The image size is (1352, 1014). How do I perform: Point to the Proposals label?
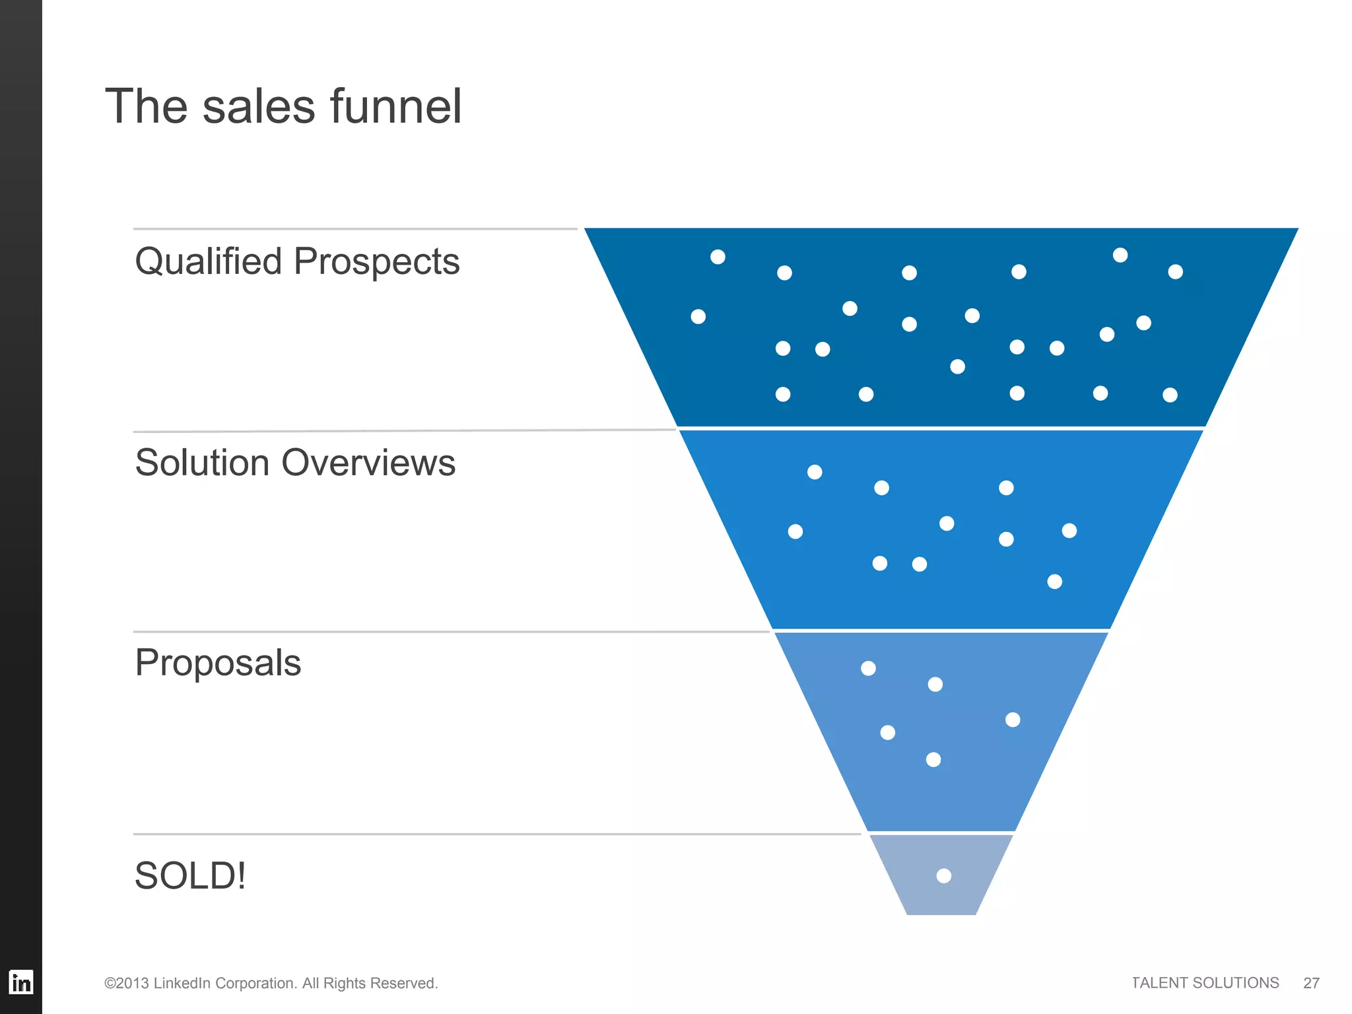[x=218, y=663]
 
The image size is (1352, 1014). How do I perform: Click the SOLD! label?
[x=190, y=876]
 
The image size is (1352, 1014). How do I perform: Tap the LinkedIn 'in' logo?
[x=21, y=982]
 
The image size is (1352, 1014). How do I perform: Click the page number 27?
[x=1311, y=983]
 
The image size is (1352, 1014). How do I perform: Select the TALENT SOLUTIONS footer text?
[x=1205, y=983]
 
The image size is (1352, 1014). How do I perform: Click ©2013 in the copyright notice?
[x=126, y=984]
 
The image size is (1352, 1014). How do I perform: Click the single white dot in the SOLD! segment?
[x=944, y=876]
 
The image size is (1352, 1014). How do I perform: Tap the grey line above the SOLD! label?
[x=495, y=834]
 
